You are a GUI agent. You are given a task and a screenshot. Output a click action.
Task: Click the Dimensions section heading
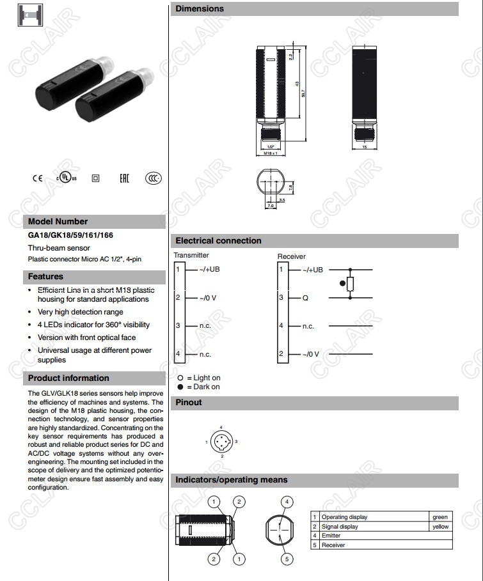tap(200, 9)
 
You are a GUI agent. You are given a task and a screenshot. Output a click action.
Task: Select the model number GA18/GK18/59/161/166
tap(71, 235)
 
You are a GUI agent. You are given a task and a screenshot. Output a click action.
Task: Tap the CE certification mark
tap(38, 178)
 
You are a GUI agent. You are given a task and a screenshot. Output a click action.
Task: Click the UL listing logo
tap(65, 177)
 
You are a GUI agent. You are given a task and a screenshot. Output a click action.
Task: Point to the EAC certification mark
tap(124, 178)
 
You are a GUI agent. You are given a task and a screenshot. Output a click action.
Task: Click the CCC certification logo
tap(153, 178)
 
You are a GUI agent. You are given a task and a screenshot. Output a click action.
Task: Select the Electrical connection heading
tap(218, 241)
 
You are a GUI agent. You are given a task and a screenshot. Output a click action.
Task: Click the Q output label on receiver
tap(305, 298)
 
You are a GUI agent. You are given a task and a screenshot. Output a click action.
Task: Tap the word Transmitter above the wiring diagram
tap(191, 255)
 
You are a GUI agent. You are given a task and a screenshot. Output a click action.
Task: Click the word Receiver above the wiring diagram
tap(291, 256)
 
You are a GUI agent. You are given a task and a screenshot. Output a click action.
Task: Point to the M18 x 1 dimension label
tap(270, 153)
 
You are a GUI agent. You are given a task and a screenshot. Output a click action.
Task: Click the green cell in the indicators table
tap(440, 517)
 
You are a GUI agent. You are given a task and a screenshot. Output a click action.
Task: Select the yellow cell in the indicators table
tap(440, 527)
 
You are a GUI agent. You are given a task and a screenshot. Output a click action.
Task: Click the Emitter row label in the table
tap(331, 536)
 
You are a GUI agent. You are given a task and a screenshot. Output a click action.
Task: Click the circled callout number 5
tap(287, 559)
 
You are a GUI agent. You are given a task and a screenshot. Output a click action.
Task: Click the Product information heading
tap(68, 378)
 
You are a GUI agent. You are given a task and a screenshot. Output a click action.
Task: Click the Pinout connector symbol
tap(222, 442)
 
